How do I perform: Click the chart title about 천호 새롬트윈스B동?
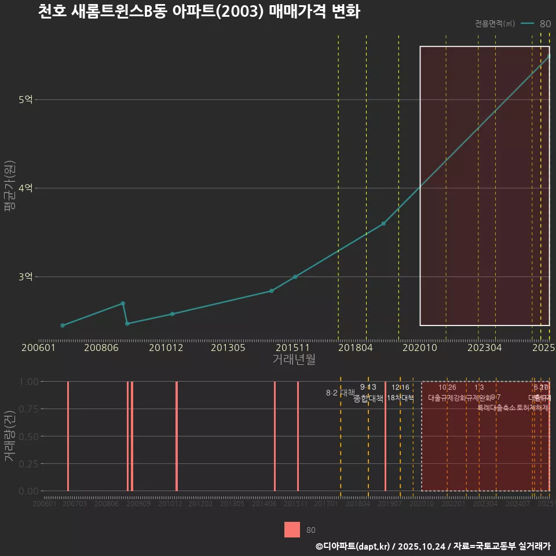(199, 12)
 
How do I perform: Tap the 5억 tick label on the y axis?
(25, 100)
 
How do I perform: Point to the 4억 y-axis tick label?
(25, 188)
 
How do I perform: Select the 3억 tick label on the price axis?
(25, 277)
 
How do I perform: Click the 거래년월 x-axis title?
(294, 359)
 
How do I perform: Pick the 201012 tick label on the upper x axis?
(166, 348)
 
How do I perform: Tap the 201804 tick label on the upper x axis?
(355, 348)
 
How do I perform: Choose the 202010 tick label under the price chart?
(419, 348)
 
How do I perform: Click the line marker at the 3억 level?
(295, 277)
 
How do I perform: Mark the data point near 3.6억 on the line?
(383, 224)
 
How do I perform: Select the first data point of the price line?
(63, 325)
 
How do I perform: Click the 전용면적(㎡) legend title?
(495, 24)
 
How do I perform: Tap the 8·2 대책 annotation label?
(340, 393)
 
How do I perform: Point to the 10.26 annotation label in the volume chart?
(447, 387)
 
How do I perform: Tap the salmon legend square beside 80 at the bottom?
(292, 529)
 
